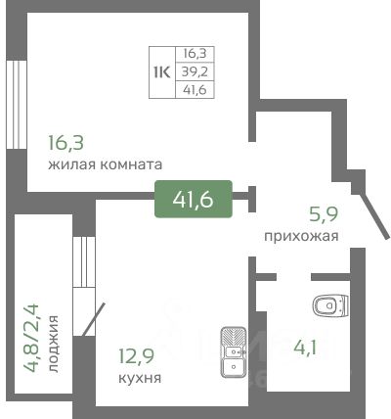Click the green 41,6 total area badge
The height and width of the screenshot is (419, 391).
point(194,199)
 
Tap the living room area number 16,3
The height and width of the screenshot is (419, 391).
point(65,143)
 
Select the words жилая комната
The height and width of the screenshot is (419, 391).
point(106,164)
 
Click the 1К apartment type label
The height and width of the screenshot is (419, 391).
point(162,72)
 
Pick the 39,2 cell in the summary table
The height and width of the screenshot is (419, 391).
point(195,71)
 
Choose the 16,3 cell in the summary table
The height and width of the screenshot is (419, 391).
point(195,53)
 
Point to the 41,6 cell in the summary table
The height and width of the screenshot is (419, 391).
point(195,89)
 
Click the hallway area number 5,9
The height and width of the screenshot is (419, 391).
point(324,214)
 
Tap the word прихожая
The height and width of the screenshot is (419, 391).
point(301,236)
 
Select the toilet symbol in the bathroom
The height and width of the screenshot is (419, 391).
point(330,305)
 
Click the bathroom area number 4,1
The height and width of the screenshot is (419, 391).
point(305,348)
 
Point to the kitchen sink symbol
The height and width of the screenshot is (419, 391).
point(234,351)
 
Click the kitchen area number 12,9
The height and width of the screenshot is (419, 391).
point(136,356)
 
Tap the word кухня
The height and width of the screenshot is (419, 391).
point(140,378)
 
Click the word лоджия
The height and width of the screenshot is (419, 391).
point(54,344)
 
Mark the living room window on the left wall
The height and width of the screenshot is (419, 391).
point(17,105)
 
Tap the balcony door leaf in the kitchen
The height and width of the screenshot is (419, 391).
point(94,319)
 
